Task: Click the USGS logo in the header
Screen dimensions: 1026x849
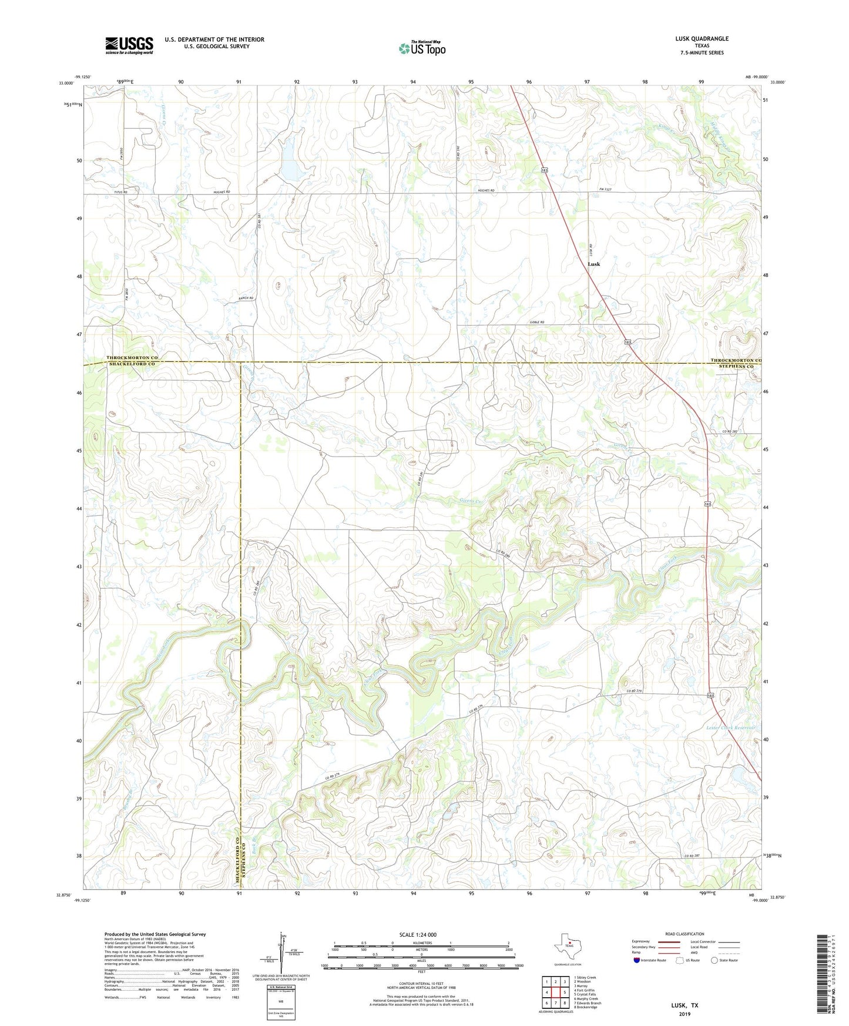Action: coord(129,45)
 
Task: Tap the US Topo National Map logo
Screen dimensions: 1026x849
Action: coord(422,48)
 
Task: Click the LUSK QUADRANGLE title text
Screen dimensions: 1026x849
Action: coord(702,39)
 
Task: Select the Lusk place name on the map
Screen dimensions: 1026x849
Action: coord(594,264)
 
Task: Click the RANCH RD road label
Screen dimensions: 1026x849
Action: coord(246,299)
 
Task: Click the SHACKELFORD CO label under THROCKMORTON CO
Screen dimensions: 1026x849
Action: coord(131,364)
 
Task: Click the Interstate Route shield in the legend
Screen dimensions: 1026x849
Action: coord(636,961)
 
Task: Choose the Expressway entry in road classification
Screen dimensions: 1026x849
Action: coord(641,941)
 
